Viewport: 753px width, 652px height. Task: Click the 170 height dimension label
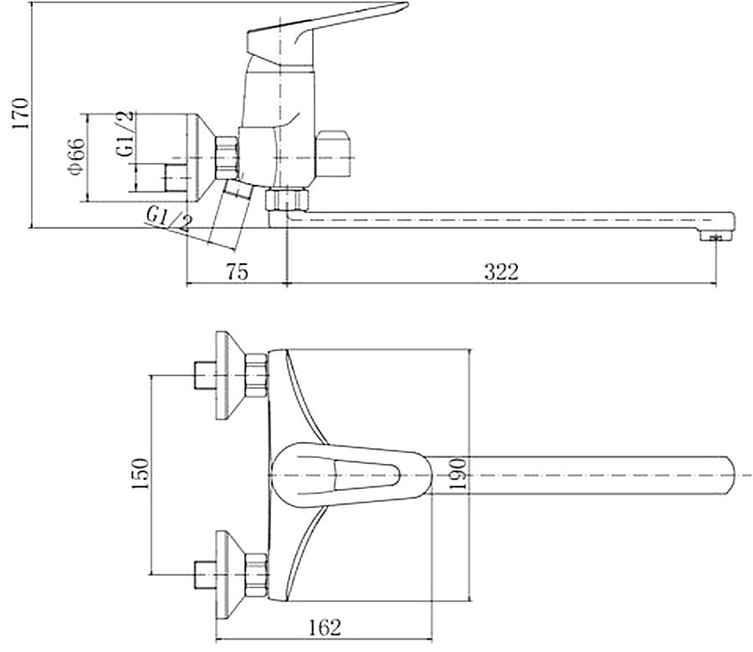[x=21, y=113]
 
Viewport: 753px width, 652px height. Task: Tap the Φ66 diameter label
[x=77, y=156]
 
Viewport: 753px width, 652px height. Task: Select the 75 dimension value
[x=237, y=272]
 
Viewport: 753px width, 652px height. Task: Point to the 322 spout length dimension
[x=501, y=272]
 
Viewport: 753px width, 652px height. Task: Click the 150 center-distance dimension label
[x=141, y=474]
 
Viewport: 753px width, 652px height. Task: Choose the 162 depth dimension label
[x=324, y=628]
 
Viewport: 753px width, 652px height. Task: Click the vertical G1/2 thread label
[x=125, y=134]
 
